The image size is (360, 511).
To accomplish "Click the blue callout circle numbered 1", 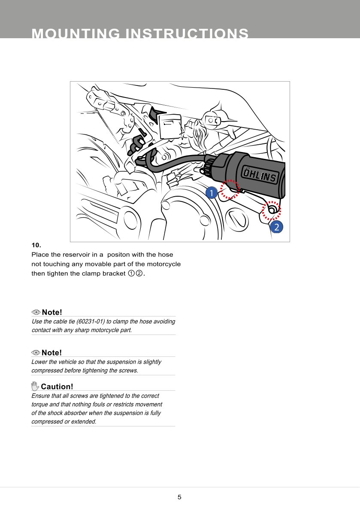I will [211, 193].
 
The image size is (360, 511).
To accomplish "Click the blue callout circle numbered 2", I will [277, 227].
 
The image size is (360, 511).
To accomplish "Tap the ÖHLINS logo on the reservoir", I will [260, 176].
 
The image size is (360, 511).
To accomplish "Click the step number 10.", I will [36, 245].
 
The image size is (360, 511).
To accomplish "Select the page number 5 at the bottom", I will [179, 497].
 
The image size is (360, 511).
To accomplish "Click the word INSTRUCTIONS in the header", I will [186, 34].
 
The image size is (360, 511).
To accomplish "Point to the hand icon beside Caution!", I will [35, 386].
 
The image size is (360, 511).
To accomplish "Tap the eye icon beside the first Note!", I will [36, 312].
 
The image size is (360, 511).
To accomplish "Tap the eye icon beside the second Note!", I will [36, 353].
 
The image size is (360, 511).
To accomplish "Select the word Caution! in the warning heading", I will [57, 386].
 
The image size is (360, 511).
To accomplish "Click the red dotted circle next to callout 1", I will [230, 189].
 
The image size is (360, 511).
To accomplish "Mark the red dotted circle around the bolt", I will [271, 210].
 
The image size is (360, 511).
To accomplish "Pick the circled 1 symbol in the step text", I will [131, 274].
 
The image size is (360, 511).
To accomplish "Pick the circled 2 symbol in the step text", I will [139, 274].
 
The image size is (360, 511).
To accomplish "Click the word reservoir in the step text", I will [76, 255].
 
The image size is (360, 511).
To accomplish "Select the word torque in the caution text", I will [40, 405].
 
